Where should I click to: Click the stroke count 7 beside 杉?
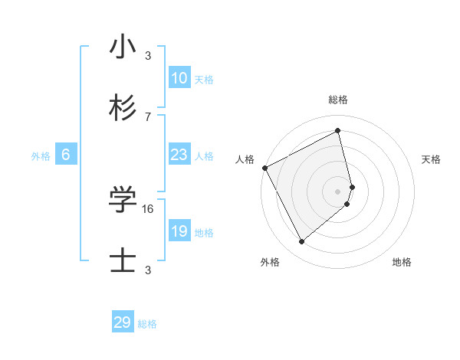148,116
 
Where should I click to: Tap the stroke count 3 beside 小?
148,55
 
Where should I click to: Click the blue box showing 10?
179,78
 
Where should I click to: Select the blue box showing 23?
179,155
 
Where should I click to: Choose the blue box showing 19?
179,231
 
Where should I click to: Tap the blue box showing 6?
66,155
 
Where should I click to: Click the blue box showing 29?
123,322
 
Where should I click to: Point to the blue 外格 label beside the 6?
41,156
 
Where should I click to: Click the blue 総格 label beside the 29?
147,324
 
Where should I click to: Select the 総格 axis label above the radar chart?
338,100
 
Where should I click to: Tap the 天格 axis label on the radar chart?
432,159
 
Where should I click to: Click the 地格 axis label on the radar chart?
402,262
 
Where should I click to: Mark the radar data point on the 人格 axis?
264,168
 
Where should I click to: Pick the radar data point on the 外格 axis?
301,242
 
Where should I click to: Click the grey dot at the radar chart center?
338,191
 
